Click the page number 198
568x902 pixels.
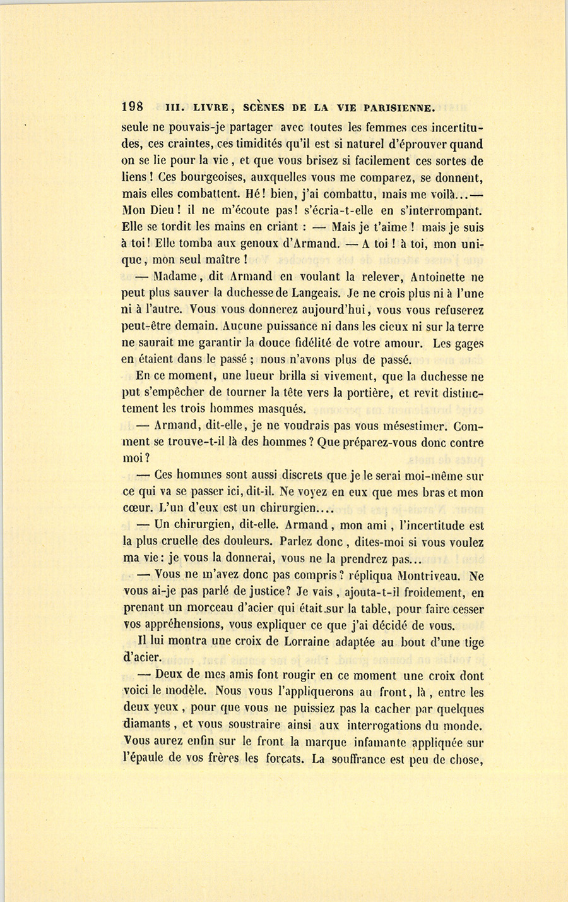click(133, 107)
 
